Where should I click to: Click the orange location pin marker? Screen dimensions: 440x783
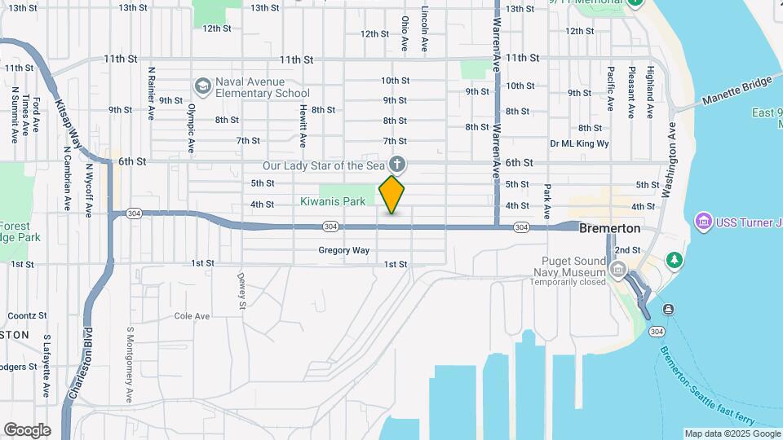tap(392, 194)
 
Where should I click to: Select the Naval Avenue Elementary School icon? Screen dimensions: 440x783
tap(202, 86)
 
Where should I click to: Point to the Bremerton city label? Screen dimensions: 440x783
tap(609, 229)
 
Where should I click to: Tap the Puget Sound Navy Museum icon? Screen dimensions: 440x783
tap(618, 270)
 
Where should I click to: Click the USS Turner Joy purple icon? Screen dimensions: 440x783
tap(701, 221)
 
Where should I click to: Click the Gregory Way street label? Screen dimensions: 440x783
tap(343, 250)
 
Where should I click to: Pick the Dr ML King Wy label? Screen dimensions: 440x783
tap(579, 143)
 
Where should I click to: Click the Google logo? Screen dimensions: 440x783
tap(27, 429)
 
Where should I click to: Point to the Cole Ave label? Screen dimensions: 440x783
tap(192, 316)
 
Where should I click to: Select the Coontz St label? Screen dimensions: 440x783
tap(27, 315)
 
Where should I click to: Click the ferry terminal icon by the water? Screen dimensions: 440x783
tap(668, 309)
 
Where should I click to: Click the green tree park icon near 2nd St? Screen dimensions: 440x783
tap(674, 260)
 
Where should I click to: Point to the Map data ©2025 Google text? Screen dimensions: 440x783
tap(732, 433)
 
